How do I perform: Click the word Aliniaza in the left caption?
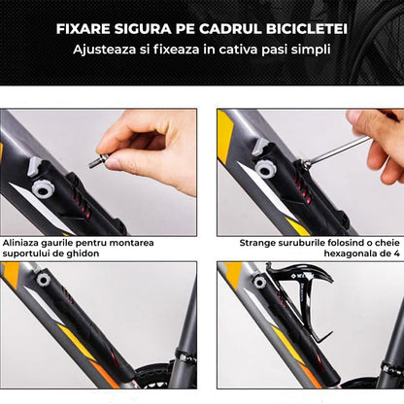23,242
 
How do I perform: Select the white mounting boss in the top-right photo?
264,169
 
